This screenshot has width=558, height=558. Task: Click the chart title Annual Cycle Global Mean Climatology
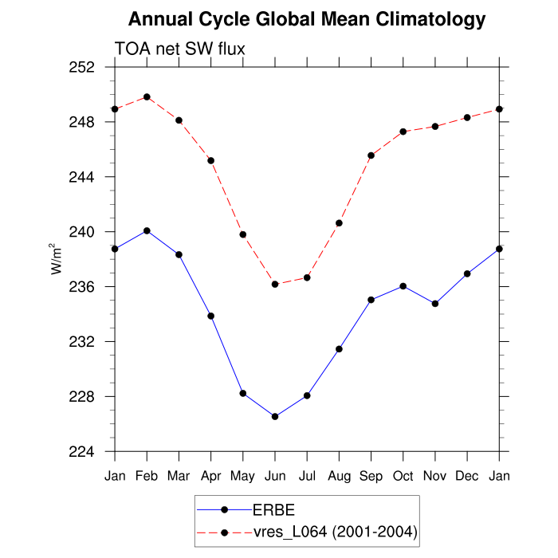pyautogui.click(x=307, y=19)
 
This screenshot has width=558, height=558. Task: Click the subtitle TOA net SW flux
pyautogui.click(x=179, y=49)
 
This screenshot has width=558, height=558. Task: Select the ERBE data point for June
pyautogui.click(x=275, y=416)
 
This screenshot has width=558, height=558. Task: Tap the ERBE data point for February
pyautogui.click(x=147, y=230)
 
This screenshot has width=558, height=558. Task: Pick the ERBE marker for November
pyautogui.click(x=435, y=304)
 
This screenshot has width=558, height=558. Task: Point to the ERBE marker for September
pyautogui.click(x=371, y=300)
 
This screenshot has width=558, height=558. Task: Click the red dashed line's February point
pyautogui.click(x=147, y=97)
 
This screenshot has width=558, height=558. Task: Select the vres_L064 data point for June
pyautogui.click(x=275, y=284)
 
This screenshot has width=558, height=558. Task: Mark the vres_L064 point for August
pyautogui.click(x=339, y=223)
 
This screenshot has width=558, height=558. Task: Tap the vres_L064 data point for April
pyautogui.click(x=211, y=160)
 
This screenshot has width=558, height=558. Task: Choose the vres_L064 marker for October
pyautogui.click(x=403, y=132)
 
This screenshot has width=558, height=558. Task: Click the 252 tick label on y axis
pyautogui.click(x=84, y=67)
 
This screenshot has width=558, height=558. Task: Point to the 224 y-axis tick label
pyautogui.click(x=84, y=452)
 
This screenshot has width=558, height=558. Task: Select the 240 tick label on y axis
pyautogui.click(x=84, y=232)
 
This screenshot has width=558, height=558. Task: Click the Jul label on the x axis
pyautogui.click(x=307, y=475)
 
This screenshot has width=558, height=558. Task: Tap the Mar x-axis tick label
pyautogui.click(x=179, y=475)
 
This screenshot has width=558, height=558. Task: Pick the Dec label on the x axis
pyautogui.click(x=467, y=475)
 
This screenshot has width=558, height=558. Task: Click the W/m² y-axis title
pyautogui.click(x=57, y=259)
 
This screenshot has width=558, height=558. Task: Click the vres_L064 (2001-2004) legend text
pyautogui.click(x=335, y=531)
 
